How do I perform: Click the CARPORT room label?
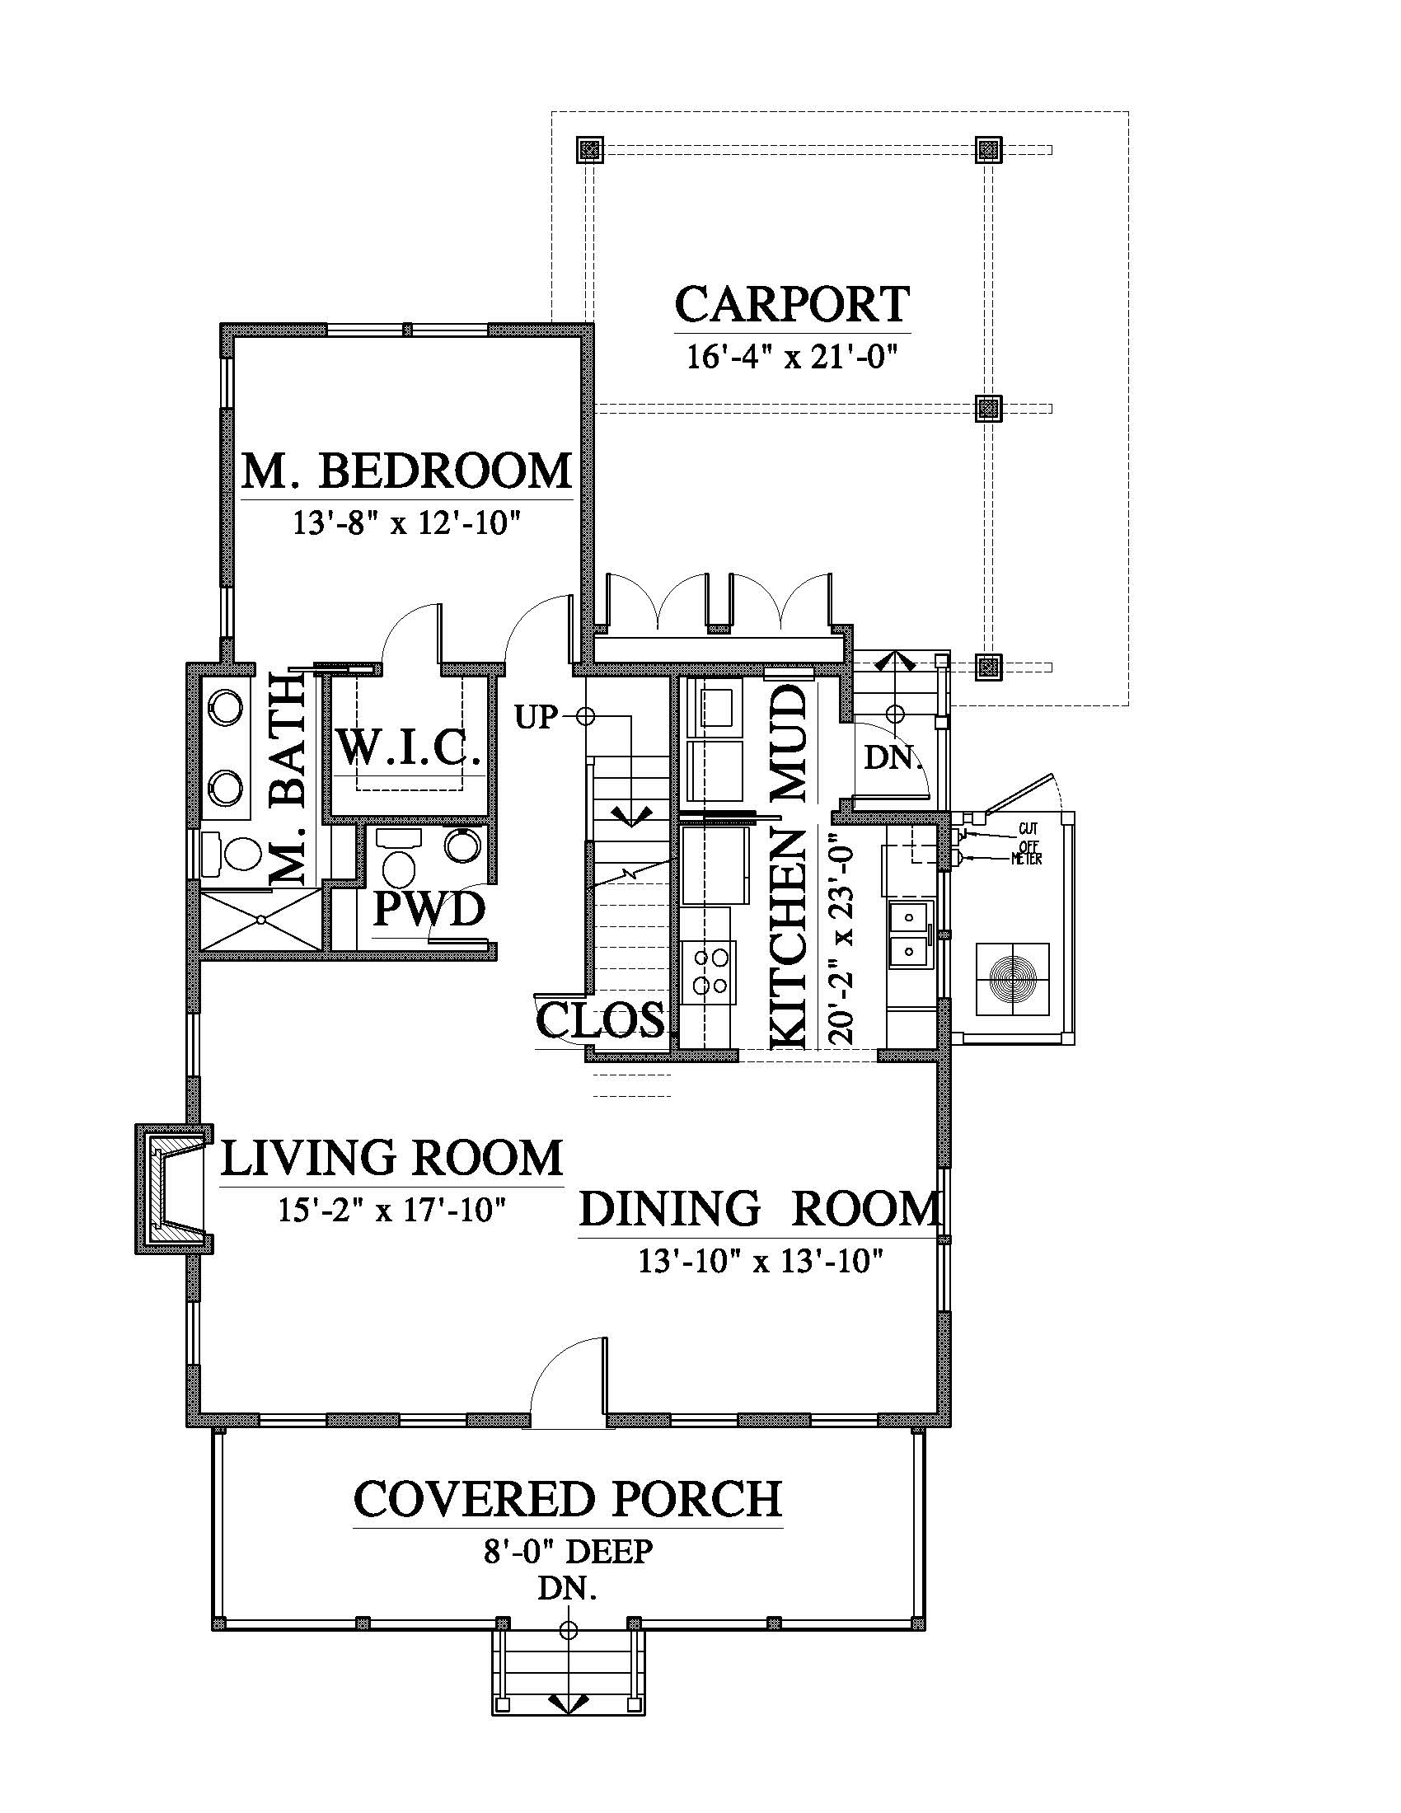point(792,305)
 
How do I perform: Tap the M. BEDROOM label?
point(406,471)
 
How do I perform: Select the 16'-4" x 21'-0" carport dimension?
point(794,357)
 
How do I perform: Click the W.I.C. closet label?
point(410,749)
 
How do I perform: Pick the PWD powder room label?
point(429,909)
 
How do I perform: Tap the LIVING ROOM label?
point(391,1158)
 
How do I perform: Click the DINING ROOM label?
point(761,1209)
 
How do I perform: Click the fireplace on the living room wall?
point(171,1188)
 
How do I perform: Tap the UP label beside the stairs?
point(536,716)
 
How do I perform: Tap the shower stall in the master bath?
point(260,920)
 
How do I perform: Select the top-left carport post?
point(589,150)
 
